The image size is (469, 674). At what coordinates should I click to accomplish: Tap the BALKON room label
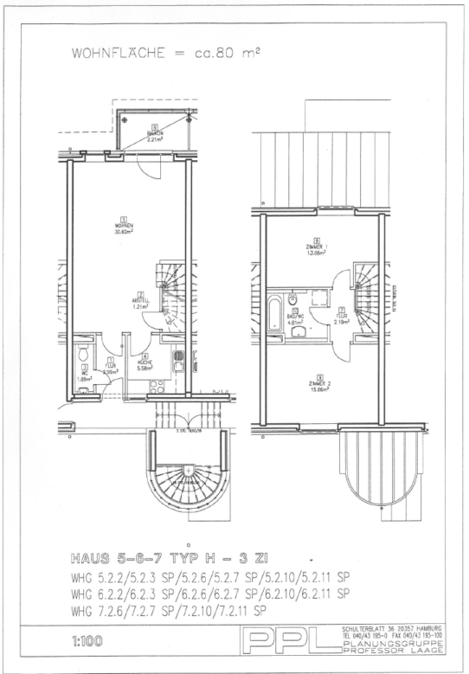click(x=156, y=134)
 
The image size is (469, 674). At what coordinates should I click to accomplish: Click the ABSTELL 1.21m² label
click(x=141, y=302)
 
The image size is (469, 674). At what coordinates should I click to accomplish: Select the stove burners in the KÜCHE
click(x=158, y=387)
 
